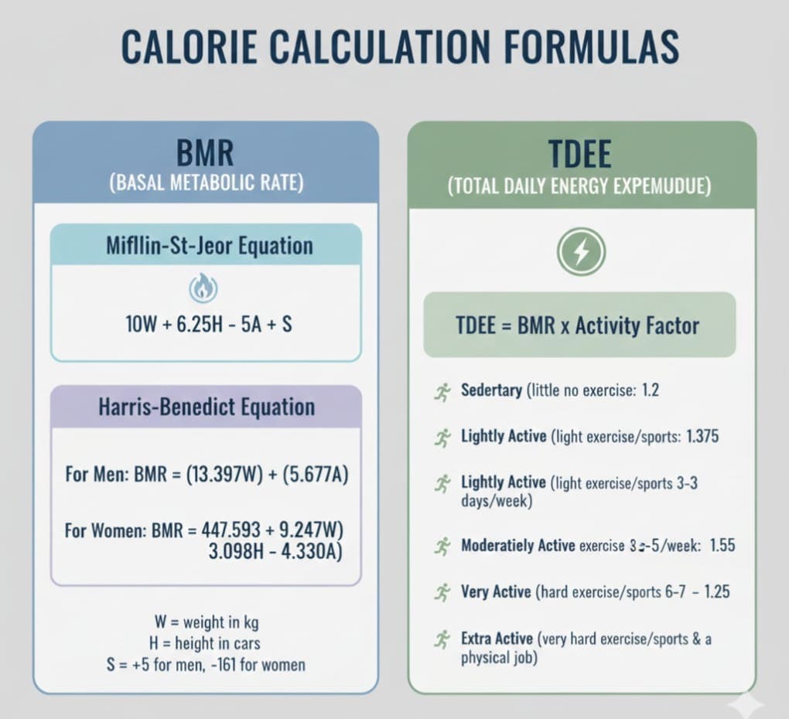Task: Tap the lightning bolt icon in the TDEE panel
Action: [581, 252]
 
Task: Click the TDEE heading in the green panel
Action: [580, 154]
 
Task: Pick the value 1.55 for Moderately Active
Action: [722, 546]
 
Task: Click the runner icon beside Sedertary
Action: [442, 392]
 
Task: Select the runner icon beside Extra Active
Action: [442, 639]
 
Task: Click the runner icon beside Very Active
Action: [442, 593]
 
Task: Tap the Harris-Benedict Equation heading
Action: [207, 407]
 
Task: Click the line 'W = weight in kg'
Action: [207, 622]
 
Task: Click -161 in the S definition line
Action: [224, 664]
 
